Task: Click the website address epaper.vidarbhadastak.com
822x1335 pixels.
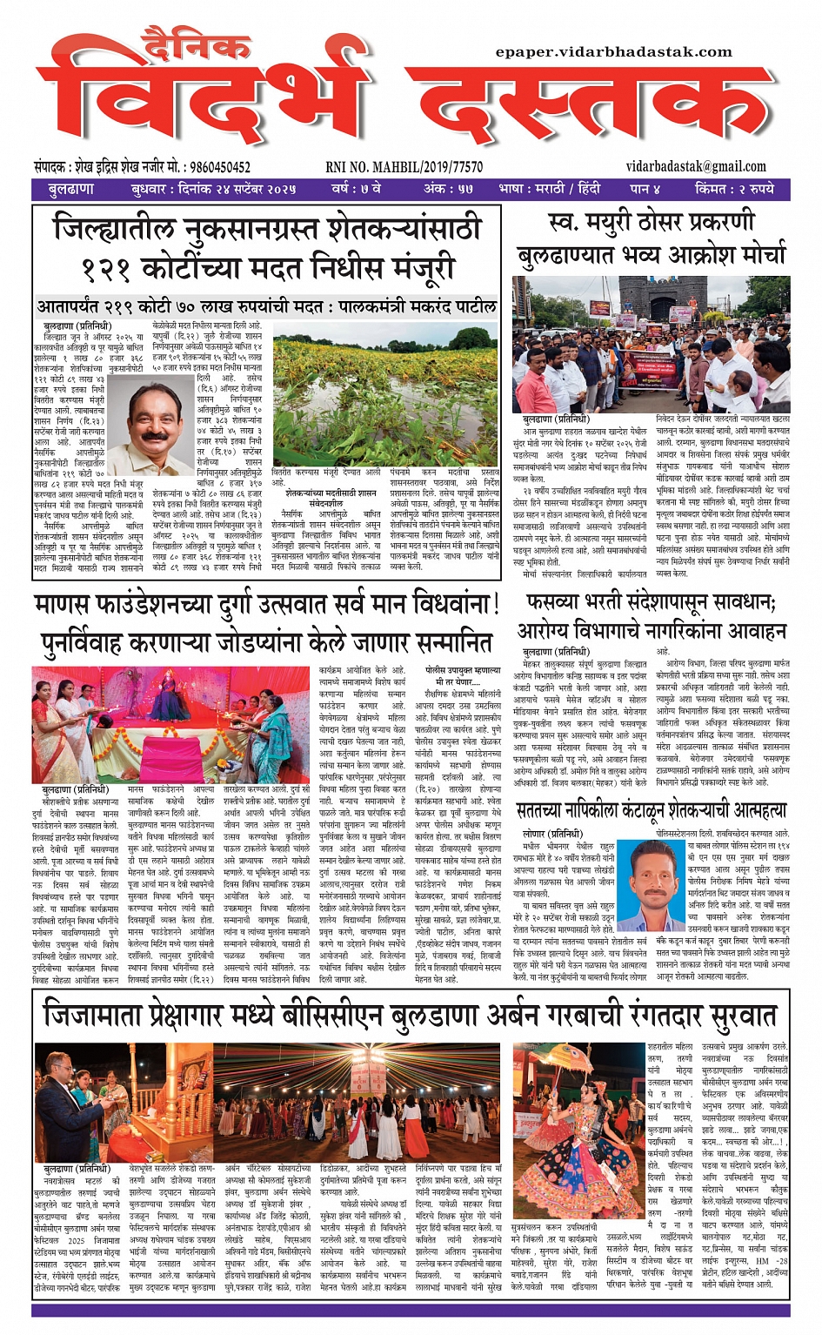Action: point(613,52)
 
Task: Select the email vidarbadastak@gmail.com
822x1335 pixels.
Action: point(696,166)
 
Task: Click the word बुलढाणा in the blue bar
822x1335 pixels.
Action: point(71,189)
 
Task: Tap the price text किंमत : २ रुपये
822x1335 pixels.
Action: point(734,189)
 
